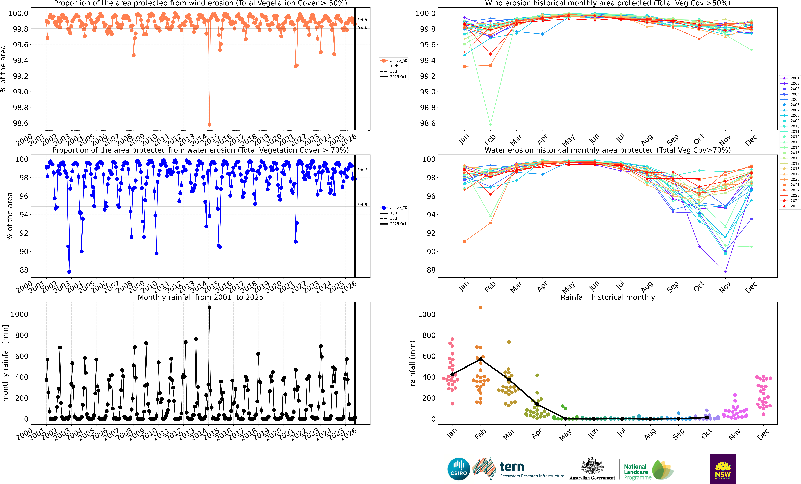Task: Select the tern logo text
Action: pyautogui.click(x=512, y=467)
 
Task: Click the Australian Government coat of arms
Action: pyautogui.click(x=592, y=466)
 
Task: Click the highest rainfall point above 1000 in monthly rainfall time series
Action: pyautogui.click(x=209, y=307)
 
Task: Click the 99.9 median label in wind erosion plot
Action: pyautogui.click(x=362, y=20)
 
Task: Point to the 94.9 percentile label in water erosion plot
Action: pyautogui.click(x=362, y=204)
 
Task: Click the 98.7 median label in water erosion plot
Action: pyautogui.click(x=362, y=170)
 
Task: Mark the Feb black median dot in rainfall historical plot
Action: pyautogui.click(x=480, y=359)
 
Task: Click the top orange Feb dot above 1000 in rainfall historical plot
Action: pyautogui.click(x=480, y=307)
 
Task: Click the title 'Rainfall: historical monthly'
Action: pyautogui.click(x=608, y=297)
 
